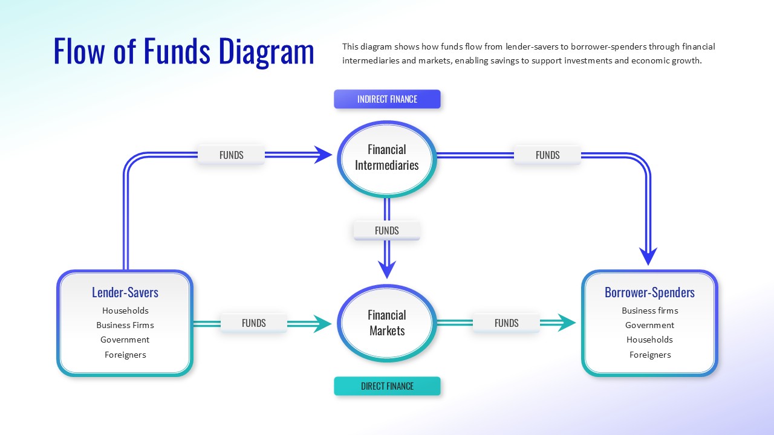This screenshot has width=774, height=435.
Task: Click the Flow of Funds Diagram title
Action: pyautogui.click(x=184, y=51)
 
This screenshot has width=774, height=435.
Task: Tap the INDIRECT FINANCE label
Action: pyautogui.click(x=387, y=99)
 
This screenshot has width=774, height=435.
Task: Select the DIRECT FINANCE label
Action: pyautogui.click(x=387, y=386)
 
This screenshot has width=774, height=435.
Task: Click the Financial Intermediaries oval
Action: pyautogui.click(x=387, y=158)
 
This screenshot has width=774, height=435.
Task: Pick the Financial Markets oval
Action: pyautogui.click(x=387, y=323)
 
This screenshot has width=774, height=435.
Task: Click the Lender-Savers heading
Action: pyautogui.click(x=125, y=292)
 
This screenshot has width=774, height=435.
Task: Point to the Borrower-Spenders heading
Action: pyautogui.click(x=649, y=292)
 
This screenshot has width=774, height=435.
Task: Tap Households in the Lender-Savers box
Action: pyautogui.click(x=125, y=311)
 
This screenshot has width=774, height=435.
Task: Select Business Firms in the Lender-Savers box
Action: pyautogui.click(x=125, y=325)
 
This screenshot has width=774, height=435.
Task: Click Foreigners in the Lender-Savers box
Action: pyautogui.click(x=125, y=355)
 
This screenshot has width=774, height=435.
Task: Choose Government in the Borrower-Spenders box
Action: pyautogui.click(x=649, y=325)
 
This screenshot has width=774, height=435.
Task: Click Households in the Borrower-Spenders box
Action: pyautogui.click(x=649, y=340)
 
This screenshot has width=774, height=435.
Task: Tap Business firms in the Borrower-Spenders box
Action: pyautogui.click(x=649, y=311)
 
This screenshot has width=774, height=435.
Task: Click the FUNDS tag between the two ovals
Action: pyautogui.click(x=387, y=231)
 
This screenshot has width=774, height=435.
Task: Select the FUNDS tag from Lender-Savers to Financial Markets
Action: pyautogui.click(x=254, y=323)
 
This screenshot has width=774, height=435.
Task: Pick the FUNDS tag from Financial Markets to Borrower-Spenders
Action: pyautogui.click(x=506, y=323)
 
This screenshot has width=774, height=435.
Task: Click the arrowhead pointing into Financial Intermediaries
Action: pyautogui.click(x=324, y=155)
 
